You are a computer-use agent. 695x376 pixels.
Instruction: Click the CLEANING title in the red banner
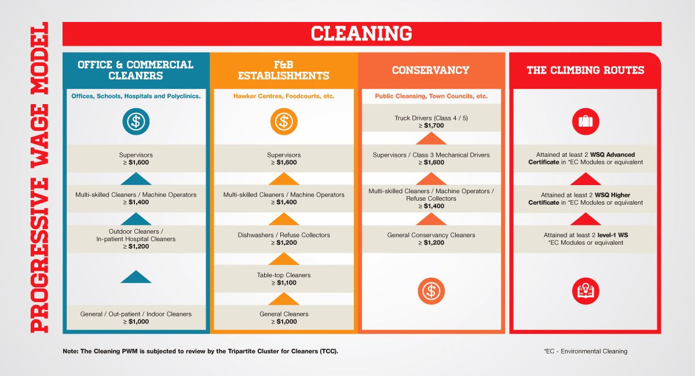click(361, 34)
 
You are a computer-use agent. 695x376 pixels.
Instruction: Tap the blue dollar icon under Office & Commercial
click(136, 121)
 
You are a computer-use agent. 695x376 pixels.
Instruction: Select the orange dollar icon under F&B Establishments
click(284, 121)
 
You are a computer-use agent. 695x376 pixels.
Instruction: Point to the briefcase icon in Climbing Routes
click(586, 121)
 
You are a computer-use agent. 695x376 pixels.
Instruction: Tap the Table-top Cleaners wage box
click(284, 279)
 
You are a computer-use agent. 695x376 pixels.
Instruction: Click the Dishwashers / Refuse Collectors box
click(284, 239)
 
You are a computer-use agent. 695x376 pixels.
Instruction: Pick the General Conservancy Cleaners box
click(431, 239)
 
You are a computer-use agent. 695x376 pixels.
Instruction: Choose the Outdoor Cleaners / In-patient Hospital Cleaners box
click(136, 238)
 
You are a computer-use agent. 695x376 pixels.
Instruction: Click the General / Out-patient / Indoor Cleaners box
click(136, 318)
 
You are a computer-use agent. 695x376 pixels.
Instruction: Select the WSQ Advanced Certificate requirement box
click(586, 158)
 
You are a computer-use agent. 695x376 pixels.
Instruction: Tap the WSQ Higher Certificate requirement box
click(586, 199)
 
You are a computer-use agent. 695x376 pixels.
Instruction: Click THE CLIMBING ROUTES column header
click(585, 70)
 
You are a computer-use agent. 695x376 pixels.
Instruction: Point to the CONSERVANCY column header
click(431, 70)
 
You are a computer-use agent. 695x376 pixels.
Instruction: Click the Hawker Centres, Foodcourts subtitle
click(284, 96)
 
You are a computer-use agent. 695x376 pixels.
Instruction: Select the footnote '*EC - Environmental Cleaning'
click(585, 351)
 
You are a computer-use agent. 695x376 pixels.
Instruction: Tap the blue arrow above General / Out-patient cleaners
click(136, 277)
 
